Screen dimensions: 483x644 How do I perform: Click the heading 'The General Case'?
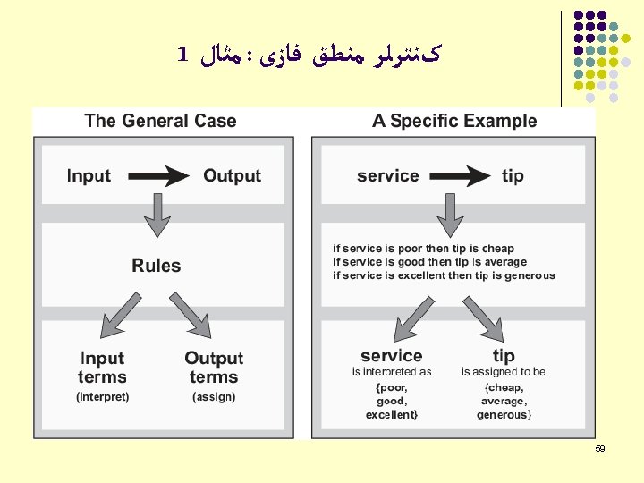tap(160, 121)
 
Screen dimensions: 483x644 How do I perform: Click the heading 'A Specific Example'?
tap(454, 121)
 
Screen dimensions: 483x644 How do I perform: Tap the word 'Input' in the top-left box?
tap(89, 176)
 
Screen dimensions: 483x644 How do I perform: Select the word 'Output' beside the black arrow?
tap(232, 176)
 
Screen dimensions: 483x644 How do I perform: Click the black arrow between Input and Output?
tap(157, 176)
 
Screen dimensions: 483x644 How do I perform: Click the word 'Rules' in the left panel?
tap(157, 266)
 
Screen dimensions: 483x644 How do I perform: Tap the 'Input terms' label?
tap(102, 368)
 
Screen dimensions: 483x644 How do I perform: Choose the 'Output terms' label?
tap(214, 368)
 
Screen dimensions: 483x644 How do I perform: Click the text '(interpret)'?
tap(102, 396)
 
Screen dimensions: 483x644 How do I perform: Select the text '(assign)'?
tap(214, 396)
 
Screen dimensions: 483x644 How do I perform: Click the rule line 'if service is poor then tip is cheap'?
tap(423, 249)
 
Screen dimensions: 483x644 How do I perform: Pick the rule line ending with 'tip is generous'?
tap(444, 275)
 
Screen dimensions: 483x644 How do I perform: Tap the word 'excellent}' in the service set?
tap(391, 414)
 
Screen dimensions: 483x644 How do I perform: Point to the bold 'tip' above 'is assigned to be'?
tap(504, 356)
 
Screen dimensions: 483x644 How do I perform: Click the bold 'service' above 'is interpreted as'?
tap(392, 356)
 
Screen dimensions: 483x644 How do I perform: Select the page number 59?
tap(600, 449)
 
